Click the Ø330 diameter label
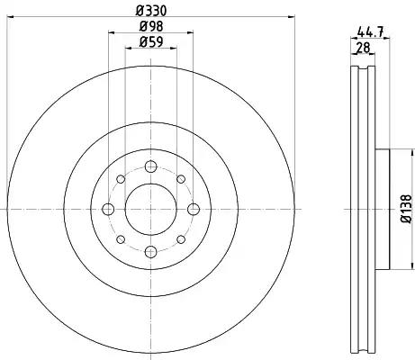(x=151, y=11)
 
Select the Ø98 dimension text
(x=151, y=27)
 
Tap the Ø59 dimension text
(x=151, y=42)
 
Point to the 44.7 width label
(x=371, y=31)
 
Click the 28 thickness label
(x=363, y=48)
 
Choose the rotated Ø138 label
(x=407, y=209)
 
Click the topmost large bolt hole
(x=150, y=166)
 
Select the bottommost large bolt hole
(x=150, y=252)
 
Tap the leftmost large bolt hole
(x=108, y=209)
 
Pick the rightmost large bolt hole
(x=194, y=209)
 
